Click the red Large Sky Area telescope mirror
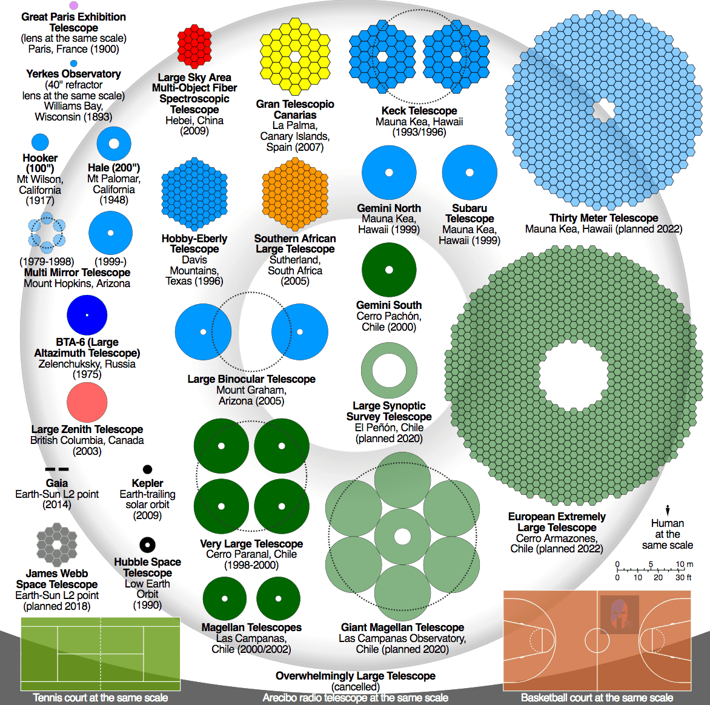tap(194, 47)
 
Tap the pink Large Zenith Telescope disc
tap(87, 403)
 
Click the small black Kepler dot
tap(147, 469)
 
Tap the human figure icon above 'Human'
tap(668, 511)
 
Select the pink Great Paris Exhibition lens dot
tap(74, 5)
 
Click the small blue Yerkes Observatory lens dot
tap(74, 64)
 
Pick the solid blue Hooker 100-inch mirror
tap(41, 142)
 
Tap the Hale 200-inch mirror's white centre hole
tap(114, 144)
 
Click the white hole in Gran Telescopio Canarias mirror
tap(295, 56)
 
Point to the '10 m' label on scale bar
tap(684, 564)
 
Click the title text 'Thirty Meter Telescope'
tap(603, 218)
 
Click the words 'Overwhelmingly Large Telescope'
tap(356, 676)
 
